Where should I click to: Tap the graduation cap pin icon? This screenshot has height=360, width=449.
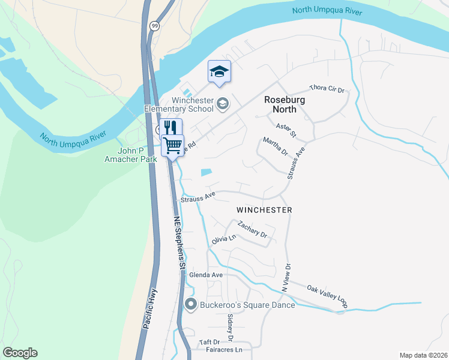[x=219, y=72]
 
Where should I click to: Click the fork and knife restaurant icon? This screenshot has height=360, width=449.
[x=170, y=127]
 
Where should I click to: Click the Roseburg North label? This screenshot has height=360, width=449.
[x=280, y=105]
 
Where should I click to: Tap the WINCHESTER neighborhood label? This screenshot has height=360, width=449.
[x=264, y=210]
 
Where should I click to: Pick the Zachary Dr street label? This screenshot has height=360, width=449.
[x=252, y=229]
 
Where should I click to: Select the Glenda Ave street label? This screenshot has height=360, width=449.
[x=206, y=275]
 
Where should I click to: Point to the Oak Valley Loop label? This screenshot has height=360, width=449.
[x=327, y=296]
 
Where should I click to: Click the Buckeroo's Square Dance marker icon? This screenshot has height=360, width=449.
[x=191, y=305]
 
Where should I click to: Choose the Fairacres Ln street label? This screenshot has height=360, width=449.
[x=223, y=349]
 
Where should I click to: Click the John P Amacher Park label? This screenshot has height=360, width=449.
[x=130, y=155]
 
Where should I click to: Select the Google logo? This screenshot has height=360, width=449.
[x=20, y=353]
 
